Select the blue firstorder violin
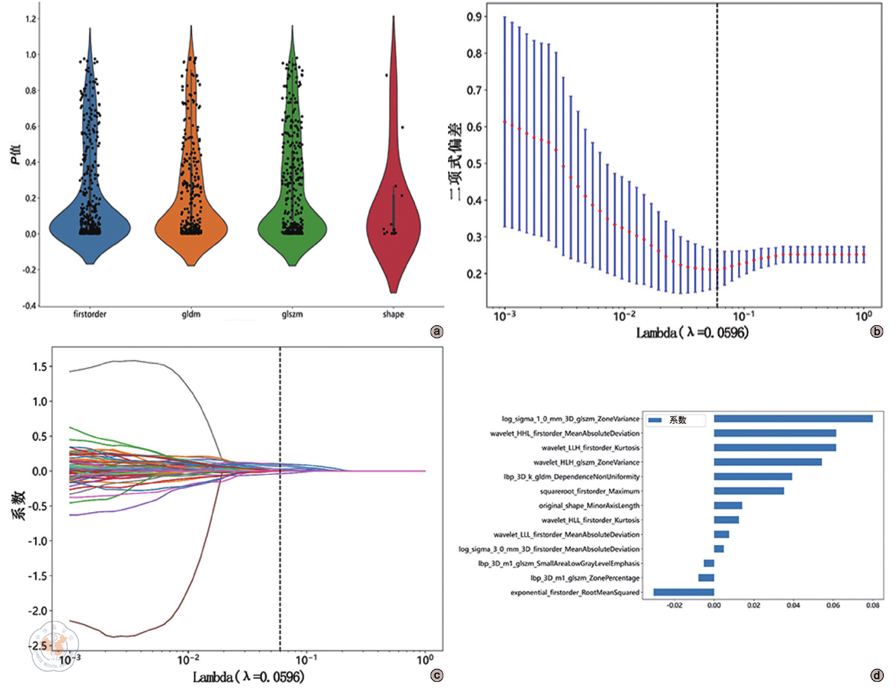89,222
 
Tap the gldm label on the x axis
191,314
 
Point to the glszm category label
292,314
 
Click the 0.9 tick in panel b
475,17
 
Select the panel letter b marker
877,331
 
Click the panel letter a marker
437,331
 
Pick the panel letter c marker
437,675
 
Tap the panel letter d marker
877,675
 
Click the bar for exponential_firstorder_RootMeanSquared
684,592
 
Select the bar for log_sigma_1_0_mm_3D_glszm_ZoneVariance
793,419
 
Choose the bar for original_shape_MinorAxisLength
727,505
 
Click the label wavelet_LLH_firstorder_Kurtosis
590,447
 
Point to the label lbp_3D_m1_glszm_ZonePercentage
584,578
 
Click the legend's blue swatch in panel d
655,420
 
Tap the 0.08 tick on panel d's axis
872,605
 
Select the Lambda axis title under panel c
249,677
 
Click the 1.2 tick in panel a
31,19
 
